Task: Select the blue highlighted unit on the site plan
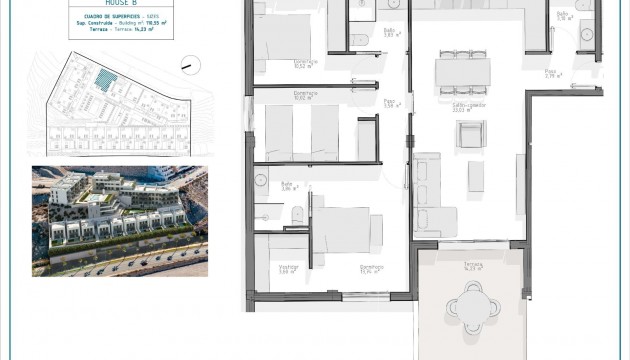coord(104,77)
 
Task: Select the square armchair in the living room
coord(471,133)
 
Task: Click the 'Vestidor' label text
coord(289,268)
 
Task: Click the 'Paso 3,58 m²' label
coord(392,102)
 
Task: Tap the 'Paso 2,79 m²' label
coord(551,73)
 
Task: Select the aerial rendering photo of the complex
coord(119,220)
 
